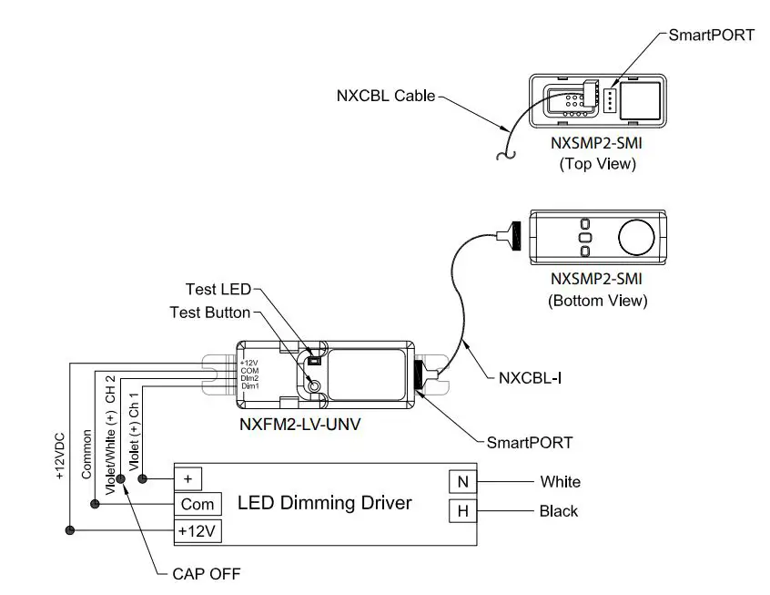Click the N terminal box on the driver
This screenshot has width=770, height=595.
pos(462,481)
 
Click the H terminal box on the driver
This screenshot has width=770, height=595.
pos(462,511)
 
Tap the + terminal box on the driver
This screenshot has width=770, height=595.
pos(188,477)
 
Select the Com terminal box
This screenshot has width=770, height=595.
pos(198,504)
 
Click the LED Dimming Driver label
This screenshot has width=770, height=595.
pos(324,503)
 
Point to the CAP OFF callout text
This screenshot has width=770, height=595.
pos(206,574)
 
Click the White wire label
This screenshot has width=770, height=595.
pos(560,481)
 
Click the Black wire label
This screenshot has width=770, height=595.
pos(558,511)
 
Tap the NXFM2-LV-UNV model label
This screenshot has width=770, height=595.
pos(299,425)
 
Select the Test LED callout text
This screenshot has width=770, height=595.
pos(218,290)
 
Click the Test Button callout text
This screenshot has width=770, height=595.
pos(209,313)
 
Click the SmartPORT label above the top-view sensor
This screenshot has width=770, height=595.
pos(711,36)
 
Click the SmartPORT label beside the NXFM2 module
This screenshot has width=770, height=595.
pos(530,442)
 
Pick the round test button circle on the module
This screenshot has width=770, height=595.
pos(315,386)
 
